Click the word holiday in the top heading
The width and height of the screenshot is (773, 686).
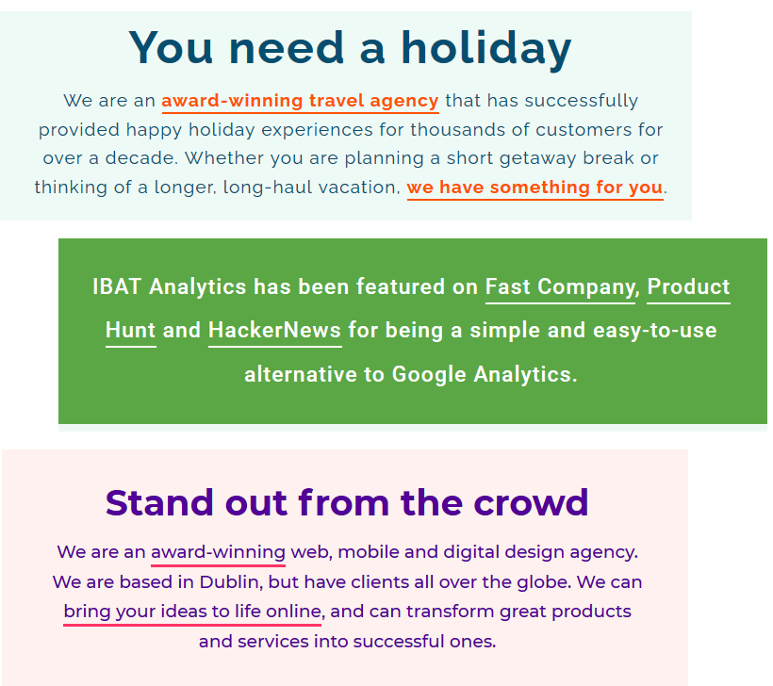pyautogui.click(x=486, y=48)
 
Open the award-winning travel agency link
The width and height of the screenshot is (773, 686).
pyautogui.click(x=300, y=101)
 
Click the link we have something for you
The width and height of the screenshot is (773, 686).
pyautogui.click(x=535, y=188)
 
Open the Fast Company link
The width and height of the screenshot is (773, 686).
pyautogui.click(x=560, y=287)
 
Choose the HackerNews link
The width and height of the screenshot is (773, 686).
pyautogui.click(x=274, y=331)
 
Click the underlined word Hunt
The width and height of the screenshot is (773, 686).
pyautogui.click(x=131, y=331)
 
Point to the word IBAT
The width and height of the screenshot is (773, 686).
pyautogui.click(x=117, y=287)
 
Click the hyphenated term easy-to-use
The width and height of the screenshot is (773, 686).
pyautogui.click(x=654, y=331)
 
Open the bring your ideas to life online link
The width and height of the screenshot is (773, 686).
pyautogui.click(x=192, y=612)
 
